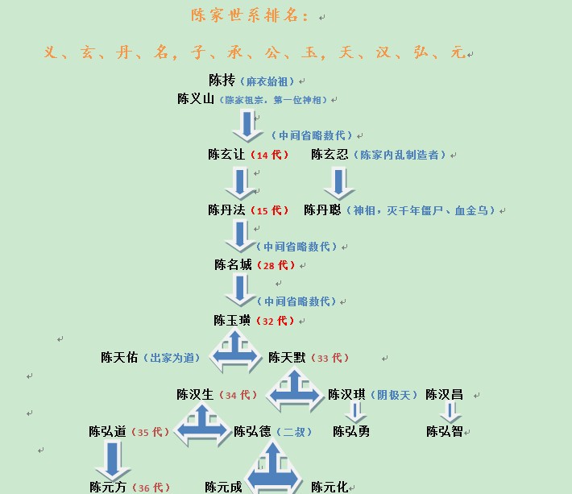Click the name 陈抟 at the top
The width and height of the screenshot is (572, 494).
[x=222, y=81]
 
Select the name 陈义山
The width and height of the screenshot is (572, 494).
[x=196, y=98]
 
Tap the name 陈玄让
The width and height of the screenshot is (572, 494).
[x=226, y=155]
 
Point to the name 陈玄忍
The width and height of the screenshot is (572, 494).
[x=330, y=155]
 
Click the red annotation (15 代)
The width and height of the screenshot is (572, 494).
[x=270, y=210]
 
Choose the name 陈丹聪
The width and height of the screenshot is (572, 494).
[x=322, y=210]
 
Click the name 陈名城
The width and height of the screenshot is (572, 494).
[x=233, y=265]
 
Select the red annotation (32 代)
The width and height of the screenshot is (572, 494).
[x=276, y=321]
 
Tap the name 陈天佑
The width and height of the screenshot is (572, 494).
[x=119, y=358]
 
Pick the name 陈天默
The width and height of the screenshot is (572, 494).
[x=287, y=358]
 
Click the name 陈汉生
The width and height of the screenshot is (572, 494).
[x=195, y=394]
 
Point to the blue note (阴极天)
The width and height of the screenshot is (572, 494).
[x=394, y=395]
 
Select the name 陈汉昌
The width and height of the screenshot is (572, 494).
[x=445, y=394]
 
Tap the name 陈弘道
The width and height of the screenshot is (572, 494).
[x=107, y=432]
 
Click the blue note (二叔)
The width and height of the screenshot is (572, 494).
[x=294, y=432]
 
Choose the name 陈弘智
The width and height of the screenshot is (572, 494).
[x=445, y=432]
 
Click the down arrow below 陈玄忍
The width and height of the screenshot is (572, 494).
[x=339, y=183]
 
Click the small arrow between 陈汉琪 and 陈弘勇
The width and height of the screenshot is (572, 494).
[x=355, y=413]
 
